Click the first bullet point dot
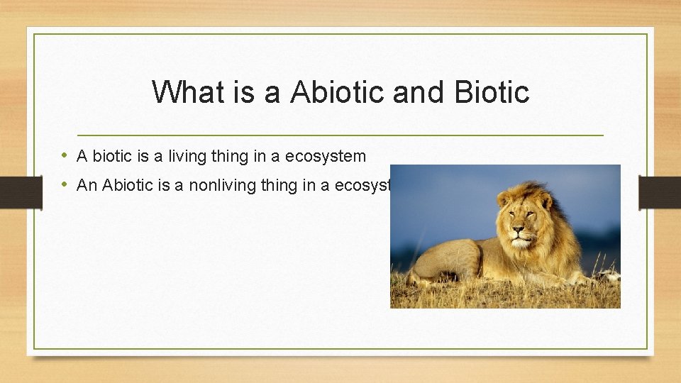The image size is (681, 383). (x=65, y=156)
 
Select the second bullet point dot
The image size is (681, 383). (x=65, y=185)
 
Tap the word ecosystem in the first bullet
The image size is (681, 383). (x=326, y=156)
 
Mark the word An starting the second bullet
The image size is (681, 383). (x=87, y=185)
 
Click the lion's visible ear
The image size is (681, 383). (x=504, y=201)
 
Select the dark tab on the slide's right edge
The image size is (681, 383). (x=659, y=192)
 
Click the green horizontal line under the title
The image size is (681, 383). (x=340, y=135)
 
